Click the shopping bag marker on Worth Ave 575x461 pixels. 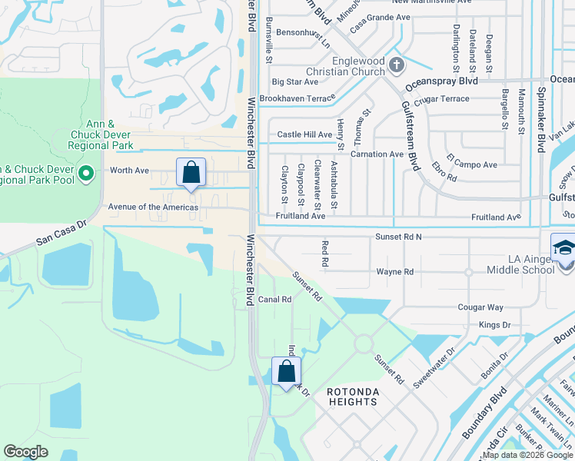(x=191, y=172)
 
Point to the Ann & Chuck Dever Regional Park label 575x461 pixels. (x=100, y=134)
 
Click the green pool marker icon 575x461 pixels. (x=86, y=174)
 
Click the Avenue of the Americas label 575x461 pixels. (x=153, y=207)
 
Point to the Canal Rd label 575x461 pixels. (x=274, y=300)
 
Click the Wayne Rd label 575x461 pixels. (x=395, y=272)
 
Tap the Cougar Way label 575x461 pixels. (x=480, y=307)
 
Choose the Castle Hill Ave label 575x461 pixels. (x=304, y=134)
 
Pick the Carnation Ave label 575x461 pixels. (x=377, y=154)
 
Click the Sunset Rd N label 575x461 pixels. (x=398, y=237)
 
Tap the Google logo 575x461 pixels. (x=26, y=452)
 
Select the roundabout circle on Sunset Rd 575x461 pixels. (x=363, y=343)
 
